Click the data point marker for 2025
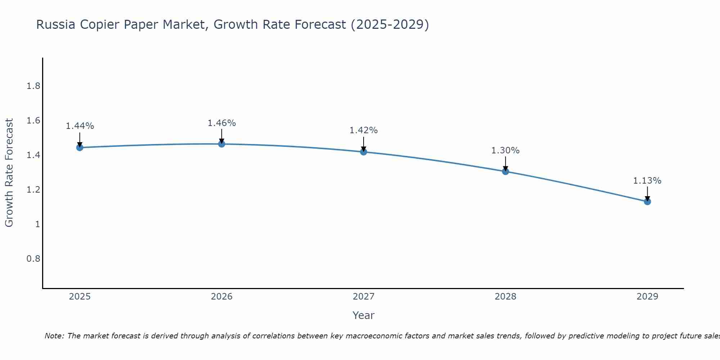pyautogui.click(x=80, y=148)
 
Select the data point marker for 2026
pyautogui.click(x=222, y=144)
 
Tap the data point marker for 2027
pyautogui.click(x=364, y=152)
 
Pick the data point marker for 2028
pyautogui.click(x=505, y=171)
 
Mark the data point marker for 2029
pyautogui.click(x=647, y=202)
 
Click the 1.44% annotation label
pyautogui.click(x=80, y=126)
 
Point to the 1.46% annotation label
pyautogui.click(x=222, y=123)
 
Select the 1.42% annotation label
pyautogui.click(x=364, y=130)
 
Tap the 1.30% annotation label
pyautogui.click(x=505, y=150)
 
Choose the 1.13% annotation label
pyautogui.click(x=647, y=181)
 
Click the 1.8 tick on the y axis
pyautogui.click(x=33, y=86)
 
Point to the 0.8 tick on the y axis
pyautogui.click(x=33, y=259)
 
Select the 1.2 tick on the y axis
pyautogui.click(x=33, y=190)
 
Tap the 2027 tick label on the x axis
pyautogui.click(x=364, y=297)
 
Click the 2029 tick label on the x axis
pyautogui.click(x=647, y=297)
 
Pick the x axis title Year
pyautogui.click(x=364, y=315)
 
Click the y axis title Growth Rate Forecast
pyautogui.click(x=9, y=173)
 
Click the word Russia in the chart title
pyautogui.click(x=56, y=25)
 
